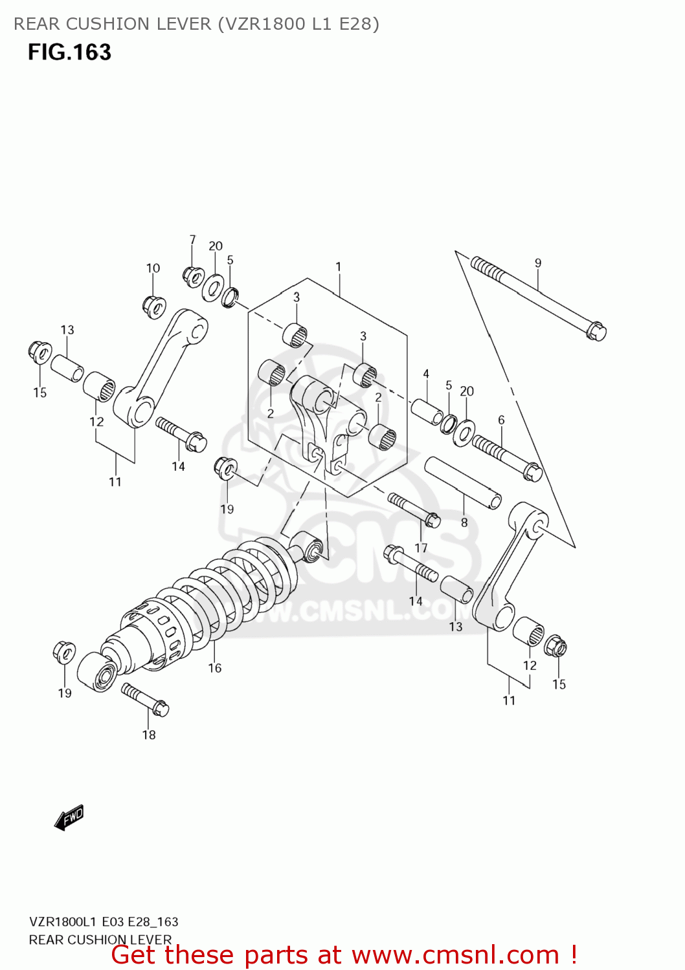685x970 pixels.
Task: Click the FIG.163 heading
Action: point(69,52)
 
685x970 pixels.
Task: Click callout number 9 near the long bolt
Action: point(538,263)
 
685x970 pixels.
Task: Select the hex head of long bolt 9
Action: point(596,332)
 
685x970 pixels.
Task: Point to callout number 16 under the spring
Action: point(215,668)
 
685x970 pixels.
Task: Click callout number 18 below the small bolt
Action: point(149,735)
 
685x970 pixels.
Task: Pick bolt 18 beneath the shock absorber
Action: point(145,700)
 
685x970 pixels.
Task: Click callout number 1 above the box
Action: point(338,266)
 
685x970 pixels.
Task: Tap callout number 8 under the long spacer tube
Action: point(464,523)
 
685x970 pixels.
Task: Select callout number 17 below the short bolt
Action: point(421,548)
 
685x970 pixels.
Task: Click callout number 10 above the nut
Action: point(153,268)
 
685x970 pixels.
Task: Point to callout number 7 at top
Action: point(192,240)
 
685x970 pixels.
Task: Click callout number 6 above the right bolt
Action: point(501,420)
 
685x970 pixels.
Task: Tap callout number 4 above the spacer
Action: point(426,374)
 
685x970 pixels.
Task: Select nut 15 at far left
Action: point(39,352)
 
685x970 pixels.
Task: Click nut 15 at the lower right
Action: point(556,646)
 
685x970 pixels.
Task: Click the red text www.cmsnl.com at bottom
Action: point(455,954)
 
